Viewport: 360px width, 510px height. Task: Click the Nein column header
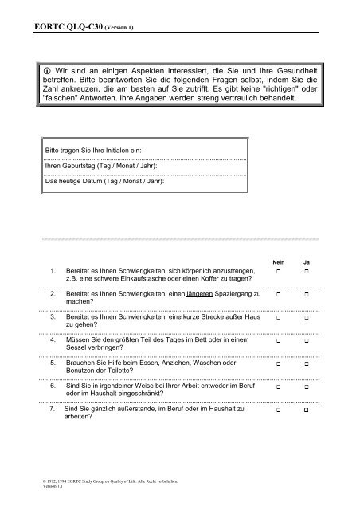pyautogui.click(x=279, y=261)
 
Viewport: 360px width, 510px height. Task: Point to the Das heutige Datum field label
pyautogui.click(x=104, y=181)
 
